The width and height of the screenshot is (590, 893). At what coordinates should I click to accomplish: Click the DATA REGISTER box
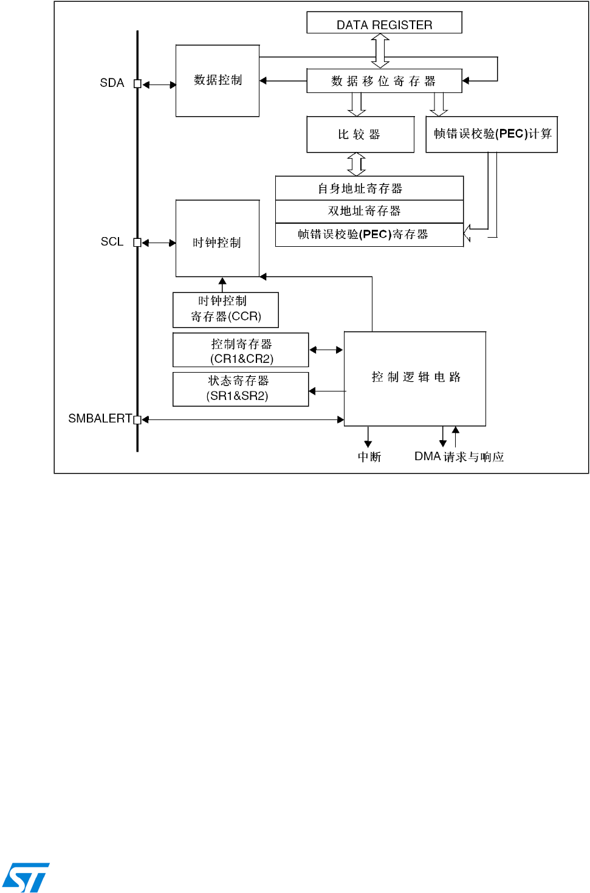(x=384, y=23)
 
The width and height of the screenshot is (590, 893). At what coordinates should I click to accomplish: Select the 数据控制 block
(x=218, y=80)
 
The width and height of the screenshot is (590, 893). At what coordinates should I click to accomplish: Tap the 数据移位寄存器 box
(x=384, y=81)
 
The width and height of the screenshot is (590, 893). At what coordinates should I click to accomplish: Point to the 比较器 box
(x=360, y=134)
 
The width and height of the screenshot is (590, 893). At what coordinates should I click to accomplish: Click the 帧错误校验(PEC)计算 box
(x=492, y=134)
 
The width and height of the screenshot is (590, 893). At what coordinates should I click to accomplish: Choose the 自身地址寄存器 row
(x=369, y=188)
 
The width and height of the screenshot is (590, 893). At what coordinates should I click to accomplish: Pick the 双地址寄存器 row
(x=369, y=211)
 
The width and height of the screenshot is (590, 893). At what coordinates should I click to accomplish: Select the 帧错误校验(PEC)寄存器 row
(x=369, y=235)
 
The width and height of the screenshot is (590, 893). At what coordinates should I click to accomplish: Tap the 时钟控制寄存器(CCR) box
(x=225, y=309)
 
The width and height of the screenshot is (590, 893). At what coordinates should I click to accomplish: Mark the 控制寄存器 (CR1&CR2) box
(x=241, y=350)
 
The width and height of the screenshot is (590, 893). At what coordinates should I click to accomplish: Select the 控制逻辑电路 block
(x=415, y=378)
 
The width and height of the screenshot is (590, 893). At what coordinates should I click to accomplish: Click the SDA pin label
(x=112, y=83)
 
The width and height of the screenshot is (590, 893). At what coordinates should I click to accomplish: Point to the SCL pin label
(x=112, y=242)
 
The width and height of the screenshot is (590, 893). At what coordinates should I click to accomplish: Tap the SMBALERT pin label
(x=100, y=418)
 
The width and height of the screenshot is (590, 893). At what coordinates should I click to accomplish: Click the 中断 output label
(x=369, y=457)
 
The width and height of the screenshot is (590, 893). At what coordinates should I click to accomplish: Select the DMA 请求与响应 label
(x=459, y=457)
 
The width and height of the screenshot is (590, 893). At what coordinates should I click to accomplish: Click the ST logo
(x=26, y=877)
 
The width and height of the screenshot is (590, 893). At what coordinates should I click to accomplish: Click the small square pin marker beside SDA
(x=137, y=84)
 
